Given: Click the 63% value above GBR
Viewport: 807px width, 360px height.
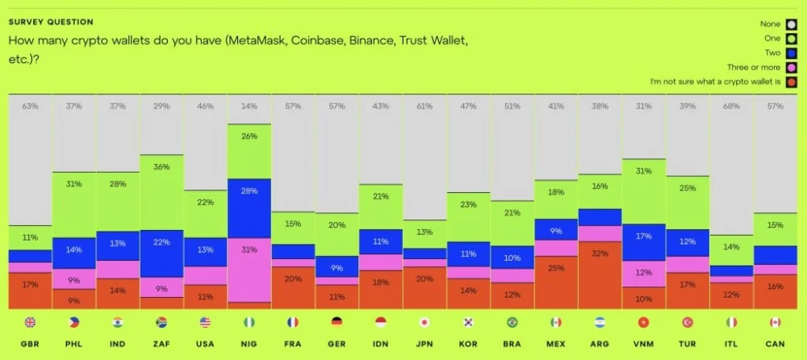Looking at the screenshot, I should [x=30, y=106].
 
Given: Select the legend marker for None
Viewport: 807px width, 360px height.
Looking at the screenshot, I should [x=791, y=24].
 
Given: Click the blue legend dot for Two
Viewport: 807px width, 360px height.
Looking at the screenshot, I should [x=791, y=53].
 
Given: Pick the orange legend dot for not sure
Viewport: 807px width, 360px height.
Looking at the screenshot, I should [x=791, y=82].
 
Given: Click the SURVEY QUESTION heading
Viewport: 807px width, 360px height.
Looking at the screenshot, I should [x=50, y=22].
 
